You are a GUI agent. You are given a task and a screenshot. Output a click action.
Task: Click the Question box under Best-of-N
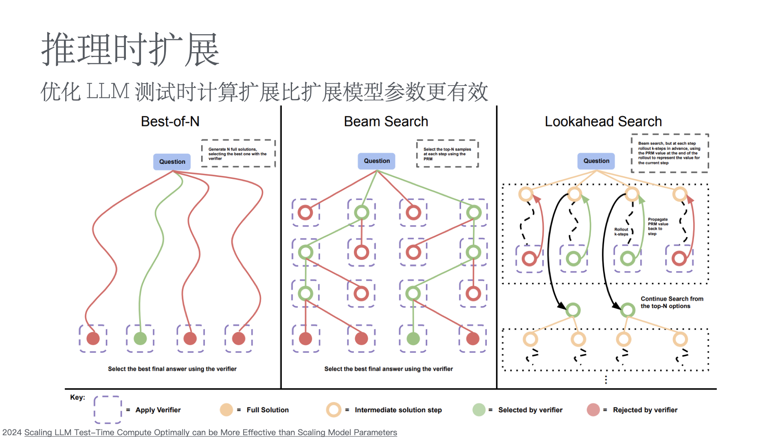[172, 162]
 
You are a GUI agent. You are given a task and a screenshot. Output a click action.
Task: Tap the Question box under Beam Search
[377, 161]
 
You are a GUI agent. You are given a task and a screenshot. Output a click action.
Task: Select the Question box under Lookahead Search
[596, 161]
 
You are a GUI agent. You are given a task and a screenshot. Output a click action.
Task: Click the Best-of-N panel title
[170, 121]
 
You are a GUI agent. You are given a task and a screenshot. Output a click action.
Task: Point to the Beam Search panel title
[386, 121]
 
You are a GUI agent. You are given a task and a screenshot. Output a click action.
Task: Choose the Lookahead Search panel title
[603, 121]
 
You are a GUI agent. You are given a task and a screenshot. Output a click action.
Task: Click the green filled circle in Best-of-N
[140, 338]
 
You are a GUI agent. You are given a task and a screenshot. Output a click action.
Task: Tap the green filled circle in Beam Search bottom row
[413, 338]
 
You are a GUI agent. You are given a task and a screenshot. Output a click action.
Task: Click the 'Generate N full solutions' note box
[238, 154]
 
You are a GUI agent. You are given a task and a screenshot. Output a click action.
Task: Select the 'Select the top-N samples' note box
[447, 154]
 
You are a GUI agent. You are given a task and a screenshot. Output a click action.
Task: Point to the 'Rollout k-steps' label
[621, 232]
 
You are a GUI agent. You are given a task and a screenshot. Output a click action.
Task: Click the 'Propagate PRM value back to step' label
[658, 227]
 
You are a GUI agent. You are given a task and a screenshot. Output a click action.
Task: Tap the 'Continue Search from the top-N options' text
[672, 302]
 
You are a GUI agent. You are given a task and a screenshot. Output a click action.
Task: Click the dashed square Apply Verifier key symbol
[108, 409]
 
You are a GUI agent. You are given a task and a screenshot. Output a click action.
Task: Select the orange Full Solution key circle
[226, 410]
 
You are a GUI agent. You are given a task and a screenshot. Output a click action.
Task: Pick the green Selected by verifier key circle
[479, 410]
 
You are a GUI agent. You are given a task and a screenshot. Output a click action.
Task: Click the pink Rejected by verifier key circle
[593, 410]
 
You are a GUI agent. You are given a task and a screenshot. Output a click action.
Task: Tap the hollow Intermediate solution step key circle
[334, 410]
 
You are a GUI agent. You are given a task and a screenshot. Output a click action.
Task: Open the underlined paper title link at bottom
[211, 432]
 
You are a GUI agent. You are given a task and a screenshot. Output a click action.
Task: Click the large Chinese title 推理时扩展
[130, 50]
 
